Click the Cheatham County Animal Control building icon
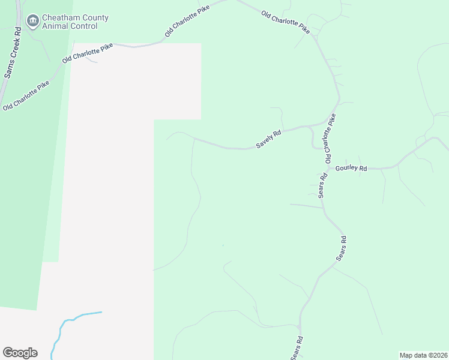(32, 22)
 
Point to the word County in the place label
(95, 18)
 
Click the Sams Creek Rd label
(13, 53)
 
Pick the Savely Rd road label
(268, 140)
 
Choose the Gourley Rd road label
(351, 169)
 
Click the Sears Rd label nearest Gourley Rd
(322, 185)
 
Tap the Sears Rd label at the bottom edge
(297, 347)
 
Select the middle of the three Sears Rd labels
(342, 248)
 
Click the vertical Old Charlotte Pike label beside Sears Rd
(330, 139)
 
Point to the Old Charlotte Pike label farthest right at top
(286, 22)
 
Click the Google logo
(20, 353)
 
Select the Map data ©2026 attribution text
(423, 355)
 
